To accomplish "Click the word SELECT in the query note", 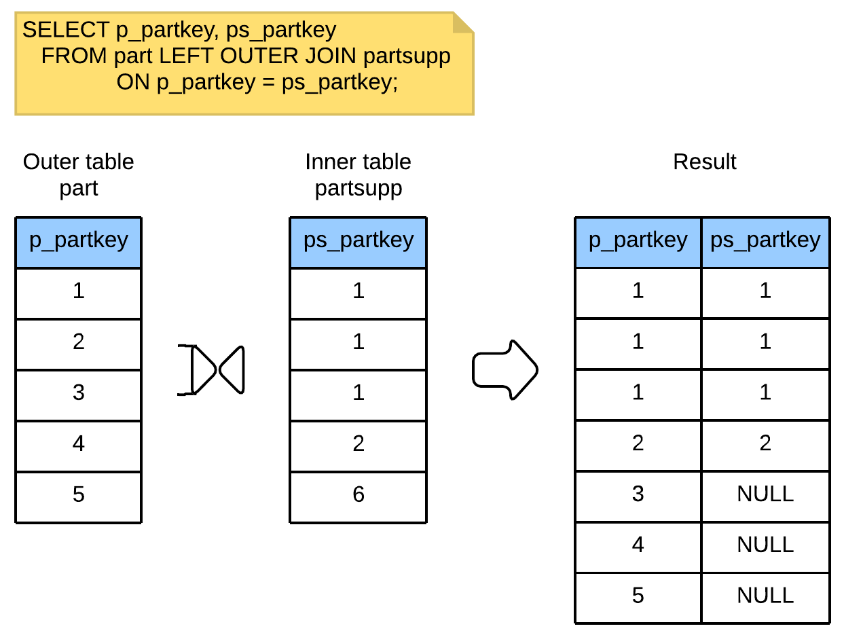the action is point(66,30).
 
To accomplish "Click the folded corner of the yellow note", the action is point(463,22).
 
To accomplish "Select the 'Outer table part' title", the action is point(79,175).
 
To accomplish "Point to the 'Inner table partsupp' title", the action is point(359,175).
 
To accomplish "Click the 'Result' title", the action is point(704,162).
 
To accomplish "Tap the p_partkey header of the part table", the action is point(79,242).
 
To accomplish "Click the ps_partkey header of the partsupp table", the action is point(359,242).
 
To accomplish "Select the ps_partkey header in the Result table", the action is point(765,242).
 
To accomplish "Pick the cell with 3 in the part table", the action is point(79,395).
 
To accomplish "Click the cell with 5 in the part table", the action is point(79,497).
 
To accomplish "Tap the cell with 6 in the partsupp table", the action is point(359,497).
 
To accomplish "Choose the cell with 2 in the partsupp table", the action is point(359,446).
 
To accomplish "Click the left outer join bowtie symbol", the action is point(211,370).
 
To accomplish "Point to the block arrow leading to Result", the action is point(505,370).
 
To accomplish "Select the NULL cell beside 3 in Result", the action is point(765,496).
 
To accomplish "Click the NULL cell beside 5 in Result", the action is point(765,598).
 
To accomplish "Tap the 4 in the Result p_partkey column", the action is point(638,545).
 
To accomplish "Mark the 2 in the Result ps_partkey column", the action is point(765,443).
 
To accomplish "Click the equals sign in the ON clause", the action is point(268,83).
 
